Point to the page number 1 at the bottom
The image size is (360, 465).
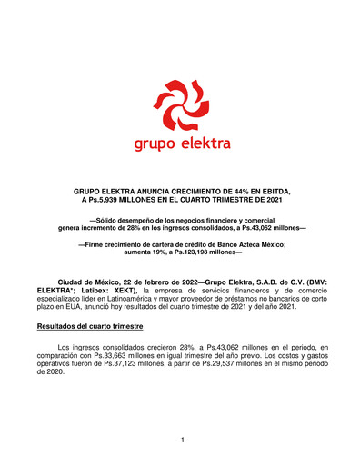coord(182,440)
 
